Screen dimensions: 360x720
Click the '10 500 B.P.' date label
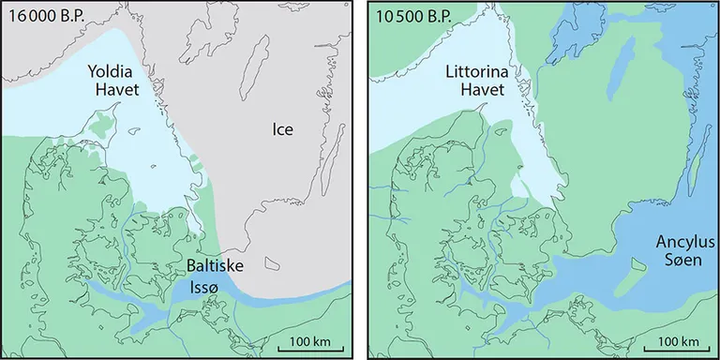(410, 15)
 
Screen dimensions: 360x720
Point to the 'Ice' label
(284, 129)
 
